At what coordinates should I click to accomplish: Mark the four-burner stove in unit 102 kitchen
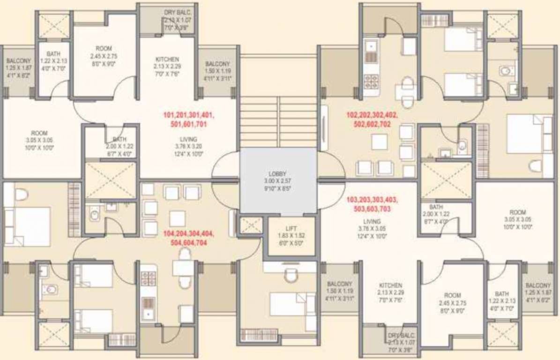coord(371,82)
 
